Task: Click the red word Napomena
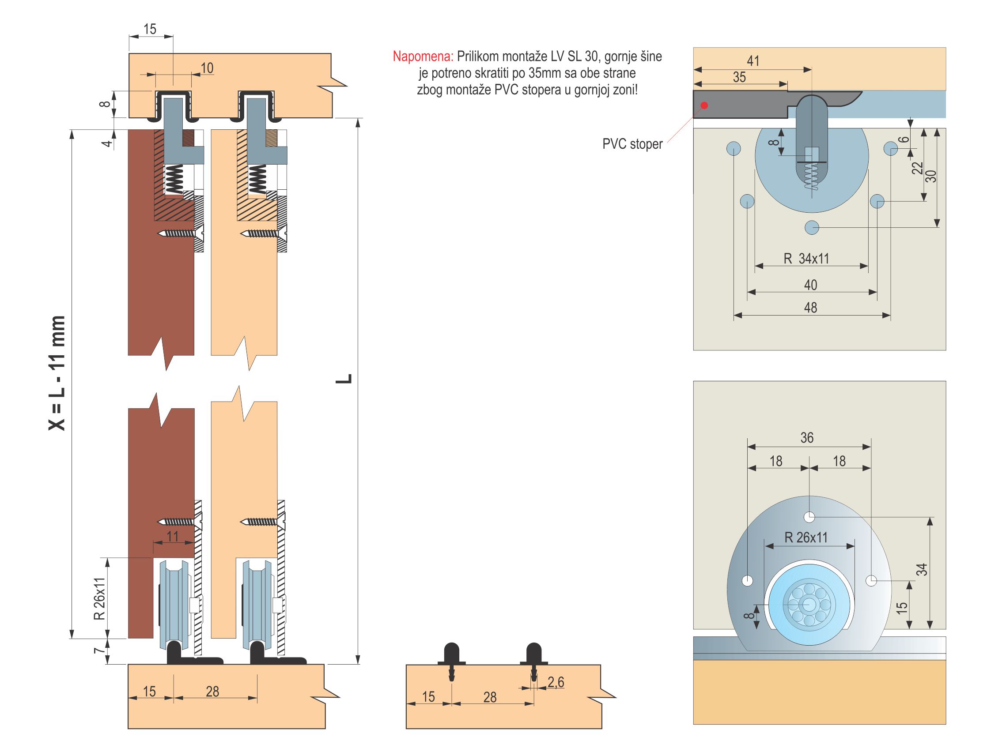pos(423,56)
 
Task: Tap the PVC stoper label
pos(632,144)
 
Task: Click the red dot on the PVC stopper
pos(704,105)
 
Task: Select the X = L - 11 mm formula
pos(57,372)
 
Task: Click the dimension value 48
pos(810,308)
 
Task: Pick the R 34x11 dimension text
pos(806,259)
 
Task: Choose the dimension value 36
pos(807,438)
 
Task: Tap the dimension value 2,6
pos(556,682)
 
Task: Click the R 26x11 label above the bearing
pos(806,538)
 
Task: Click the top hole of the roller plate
pos(809,517)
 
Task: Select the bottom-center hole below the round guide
pos(812,227)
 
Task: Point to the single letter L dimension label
pos(344,378)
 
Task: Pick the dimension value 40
pos(810,285)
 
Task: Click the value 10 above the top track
pos(207,68)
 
